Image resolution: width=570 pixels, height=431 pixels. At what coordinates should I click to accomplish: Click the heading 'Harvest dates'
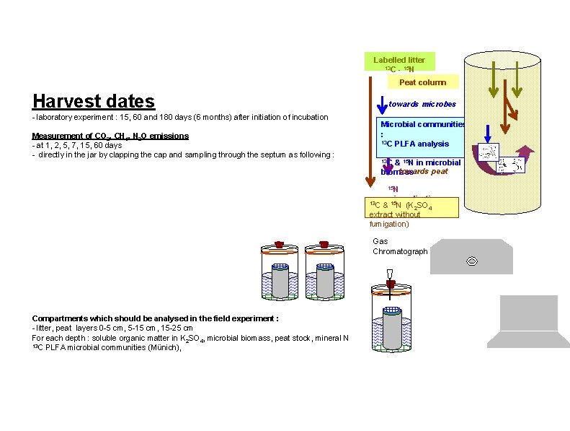pyautogui.click(x=94, y=100)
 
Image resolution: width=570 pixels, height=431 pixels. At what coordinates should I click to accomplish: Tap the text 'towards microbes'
pyautogui.click(x=422, y=104)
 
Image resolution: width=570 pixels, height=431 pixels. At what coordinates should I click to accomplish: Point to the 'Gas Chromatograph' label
pyautogui.click(x=400, y=246)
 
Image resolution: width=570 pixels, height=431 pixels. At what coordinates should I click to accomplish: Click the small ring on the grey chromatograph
pyautogui.click(x=472, y=261)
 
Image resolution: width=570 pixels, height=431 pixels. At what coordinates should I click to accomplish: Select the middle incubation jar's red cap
pyautogui.click(x=323, y=245)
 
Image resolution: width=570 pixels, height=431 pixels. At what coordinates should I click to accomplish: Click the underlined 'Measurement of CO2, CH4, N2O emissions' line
pyautogui.click(x=110, y=136)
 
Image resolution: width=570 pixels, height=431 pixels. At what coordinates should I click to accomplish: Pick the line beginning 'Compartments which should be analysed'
pyautogui.click(x=156, y=318)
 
